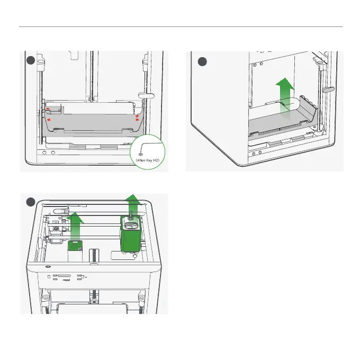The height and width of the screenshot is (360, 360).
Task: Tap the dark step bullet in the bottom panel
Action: point(31,202)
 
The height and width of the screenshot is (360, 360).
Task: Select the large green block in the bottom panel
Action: point(130,236)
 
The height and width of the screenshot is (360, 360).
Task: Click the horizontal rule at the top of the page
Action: point(180,26)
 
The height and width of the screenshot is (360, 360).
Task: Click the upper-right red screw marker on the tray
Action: point(137,115)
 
